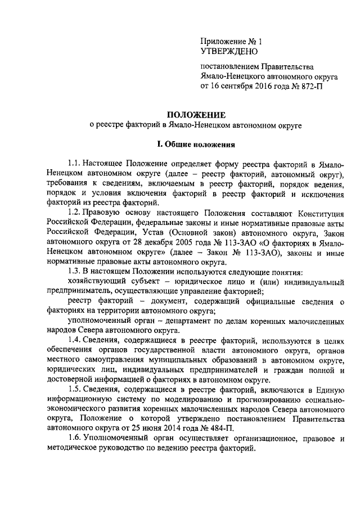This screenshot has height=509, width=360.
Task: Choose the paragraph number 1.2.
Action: pos(73,210)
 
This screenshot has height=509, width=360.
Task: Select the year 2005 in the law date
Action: pos(168,241)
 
